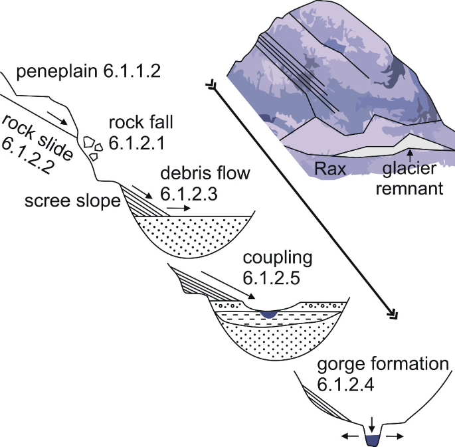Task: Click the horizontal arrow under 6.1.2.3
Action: pos(177,207)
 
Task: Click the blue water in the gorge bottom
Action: pos(372,438)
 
